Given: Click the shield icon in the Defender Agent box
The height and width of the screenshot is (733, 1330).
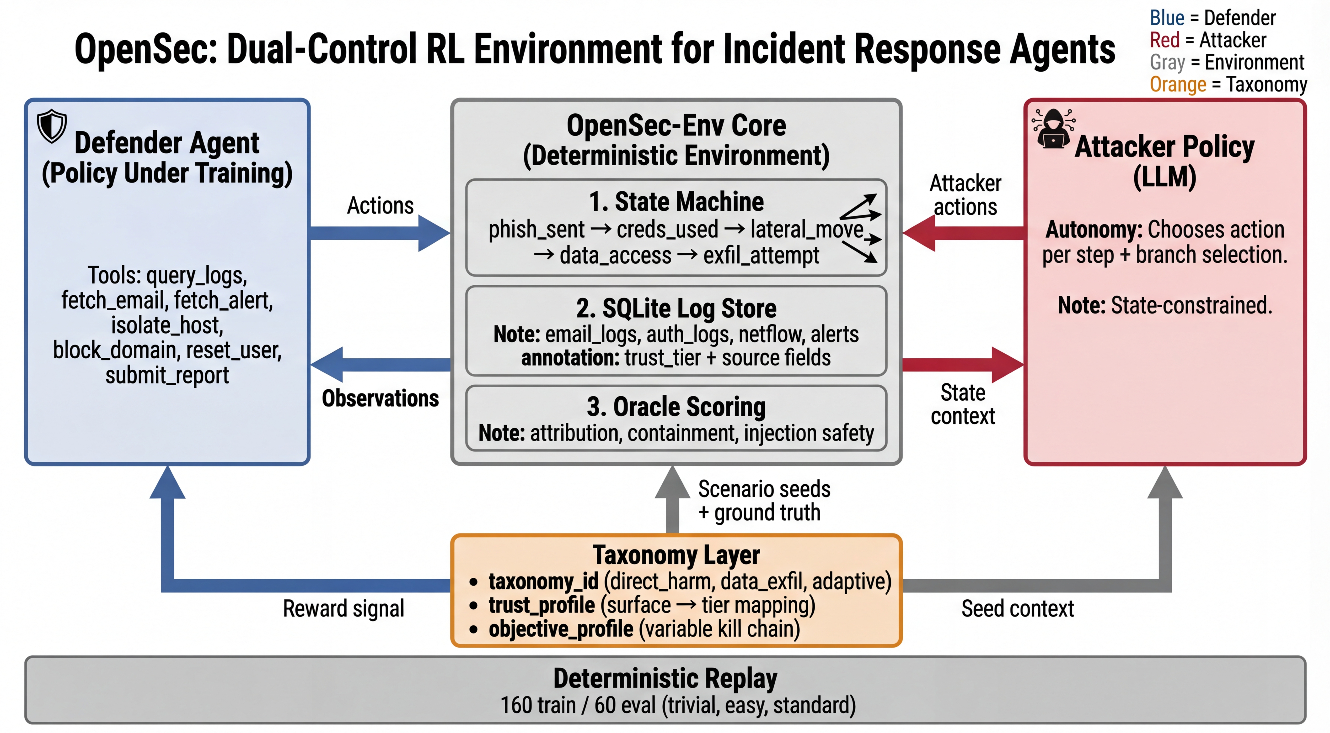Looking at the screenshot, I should coord(52,125).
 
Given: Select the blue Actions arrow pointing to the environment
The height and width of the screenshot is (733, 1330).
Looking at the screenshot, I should coord(380,233).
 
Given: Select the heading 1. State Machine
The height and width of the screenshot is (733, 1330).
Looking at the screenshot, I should coord(676,202).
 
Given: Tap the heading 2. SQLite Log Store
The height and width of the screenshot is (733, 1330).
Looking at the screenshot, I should coord(676,309).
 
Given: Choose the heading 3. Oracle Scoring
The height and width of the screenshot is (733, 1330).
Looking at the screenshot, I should coord(676,407).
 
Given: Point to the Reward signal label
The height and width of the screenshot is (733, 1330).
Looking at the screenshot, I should coord(343,609).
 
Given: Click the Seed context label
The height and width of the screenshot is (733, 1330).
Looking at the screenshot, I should coord(1017,609).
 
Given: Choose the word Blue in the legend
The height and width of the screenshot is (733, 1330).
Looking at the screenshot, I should coord(1167,18).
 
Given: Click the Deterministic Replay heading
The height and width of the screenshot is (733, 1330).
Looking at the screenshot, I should coord(665,679).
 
